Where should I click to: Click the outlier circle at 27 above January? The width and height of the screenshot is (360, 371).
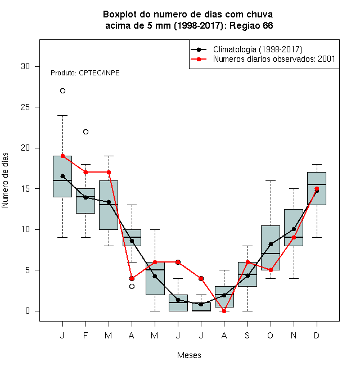62,91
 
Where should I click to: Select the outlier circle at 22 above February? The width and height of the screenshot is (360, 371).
85,132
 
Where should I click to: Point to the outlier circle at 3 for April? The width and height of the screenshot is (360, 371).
132,286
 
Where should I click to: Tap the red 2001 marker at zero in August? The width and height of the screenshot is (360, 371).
224,311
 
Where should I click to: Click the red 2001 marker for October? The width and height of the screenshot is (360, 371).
271,270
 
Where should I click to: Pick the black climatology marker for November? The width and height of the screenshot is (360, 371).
294,229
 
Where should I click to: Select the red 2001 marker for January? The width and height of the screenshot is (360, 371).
62,156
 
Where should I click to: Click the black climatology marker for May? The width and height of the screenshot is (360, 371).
155,276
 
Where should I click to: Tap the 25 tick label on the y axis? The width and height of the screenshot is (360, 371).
25,107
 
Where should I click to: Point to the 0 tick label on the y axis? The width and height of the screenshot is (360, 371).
28,311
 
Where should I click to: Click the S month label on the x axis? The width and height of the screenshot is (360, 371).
247,336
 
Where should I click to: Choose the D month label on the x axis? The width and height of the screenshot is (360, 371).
317,336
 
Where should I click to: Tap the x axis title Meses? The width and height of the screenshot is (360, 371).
189,355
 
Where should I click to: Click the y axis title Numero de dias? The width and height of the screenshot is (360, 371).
5,180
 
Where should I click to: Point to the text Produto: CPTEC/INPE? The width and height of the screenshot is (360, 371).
85,73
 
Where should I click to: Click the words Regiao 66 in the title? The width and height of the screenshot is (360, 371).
251,25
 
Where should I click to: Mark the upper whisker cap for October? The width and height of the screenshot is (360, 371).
271,180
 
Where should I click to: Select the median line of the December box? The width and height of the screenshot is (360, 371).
317,184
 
